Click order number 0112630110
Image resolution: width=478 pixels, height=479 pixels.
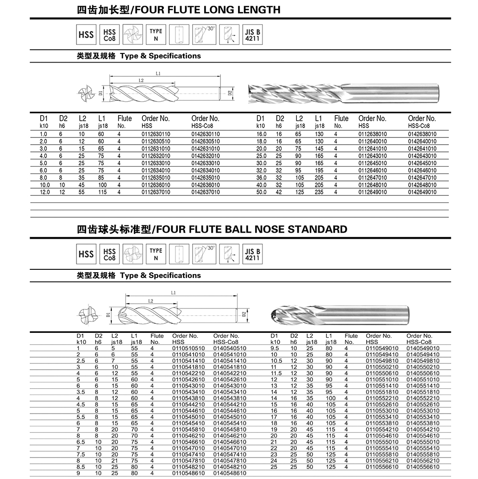pyautogui.click(x=156, y=134)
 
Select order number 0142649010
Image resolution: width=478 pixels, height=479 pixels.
pyautogui.click(x=422, y=192)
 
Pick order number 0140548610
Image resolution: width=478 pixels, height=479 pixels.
pyautogui.click(x=229, y=472)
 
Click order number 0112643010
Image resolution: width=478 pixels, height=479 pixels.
pyautogui.click(x=373, y=156)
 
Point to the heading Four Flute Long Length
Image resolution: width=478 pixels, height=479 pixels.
pyautogui.click(x=179, y=10)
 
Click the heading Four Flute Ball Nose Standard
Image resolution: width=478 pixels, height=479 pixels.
pyautogui.click(x=212, y=229)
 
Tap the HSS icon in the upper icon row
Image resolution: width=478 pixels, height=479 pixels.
pyautogui.click(x=86, y=35)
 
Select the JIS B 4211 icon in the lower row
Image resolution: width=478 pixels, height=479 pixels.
pyautogui.click(x=252, y=254)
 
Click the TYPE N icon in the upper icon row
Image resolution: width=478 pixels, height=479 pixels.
pyautogui.click(x=156, y=35)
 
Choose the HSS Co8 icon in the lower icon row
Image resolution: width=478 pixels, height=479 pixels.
pyautogui.click(x=109, y=254)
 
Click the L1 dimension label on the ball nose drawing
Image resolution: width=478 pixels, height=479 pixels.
pyautogui.click(x=174, y=293)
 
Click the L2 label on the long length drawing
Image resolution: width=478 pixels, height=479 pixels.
pyautogui.click(x=141, y=80)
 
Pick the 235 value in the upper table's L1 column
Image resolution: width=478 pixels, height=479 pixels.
pyautogui.click(x=319, y=192)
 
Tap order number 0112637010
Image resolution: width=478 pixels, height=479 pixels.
pyautogui.click(x=156, y=192)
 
